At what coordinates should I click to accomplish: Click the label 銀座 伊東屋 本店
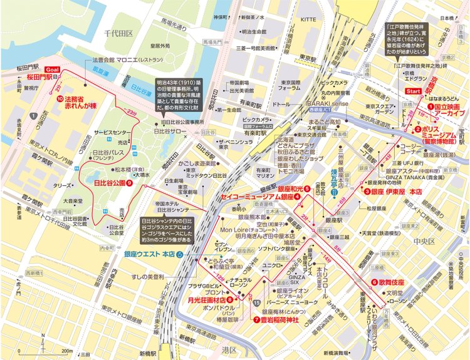pos(396,192)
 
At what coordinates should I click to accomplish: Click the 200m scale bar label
pos(67,351)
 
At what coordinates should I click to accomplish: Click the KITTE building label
pos(309,20)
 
